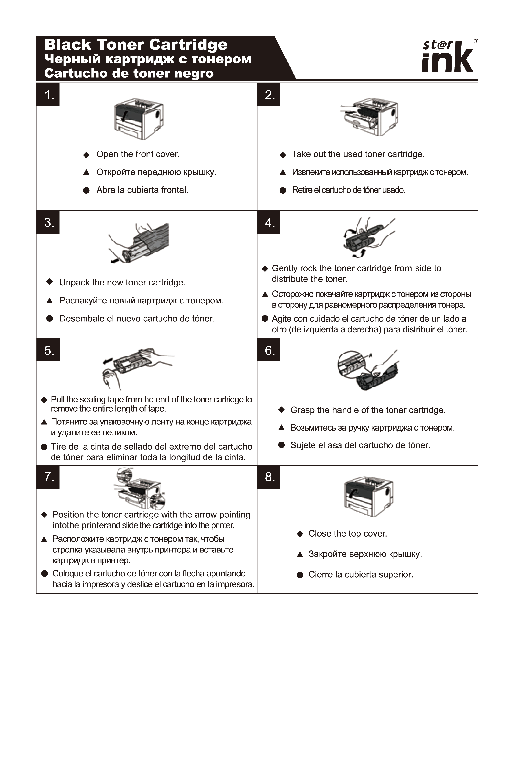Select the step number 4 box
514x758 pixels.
click(x=269, y=222)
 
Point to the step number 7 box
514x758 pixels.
click(x=48, y=477)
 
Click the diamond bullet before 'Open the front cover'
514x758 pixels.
click(x=86, y=155)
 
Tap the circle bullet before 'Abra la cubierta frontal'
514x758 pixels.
click(x=86, y=191)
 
